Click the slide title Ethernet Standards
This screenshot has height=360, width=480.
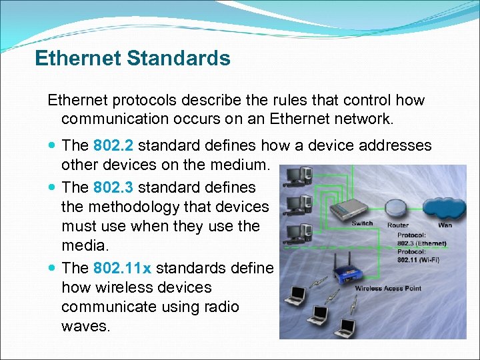[x=132, y=59]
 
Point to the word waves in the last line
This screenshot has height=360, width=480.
[x=85, y=327]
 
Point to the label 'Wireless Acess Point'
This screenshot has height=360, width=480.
[x=387, y=289]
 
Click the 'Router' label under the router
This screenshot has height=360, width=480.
[x=398, y=225]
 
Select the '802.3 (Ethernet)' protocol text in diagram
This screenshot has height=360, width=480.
[x=423, y=243]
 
